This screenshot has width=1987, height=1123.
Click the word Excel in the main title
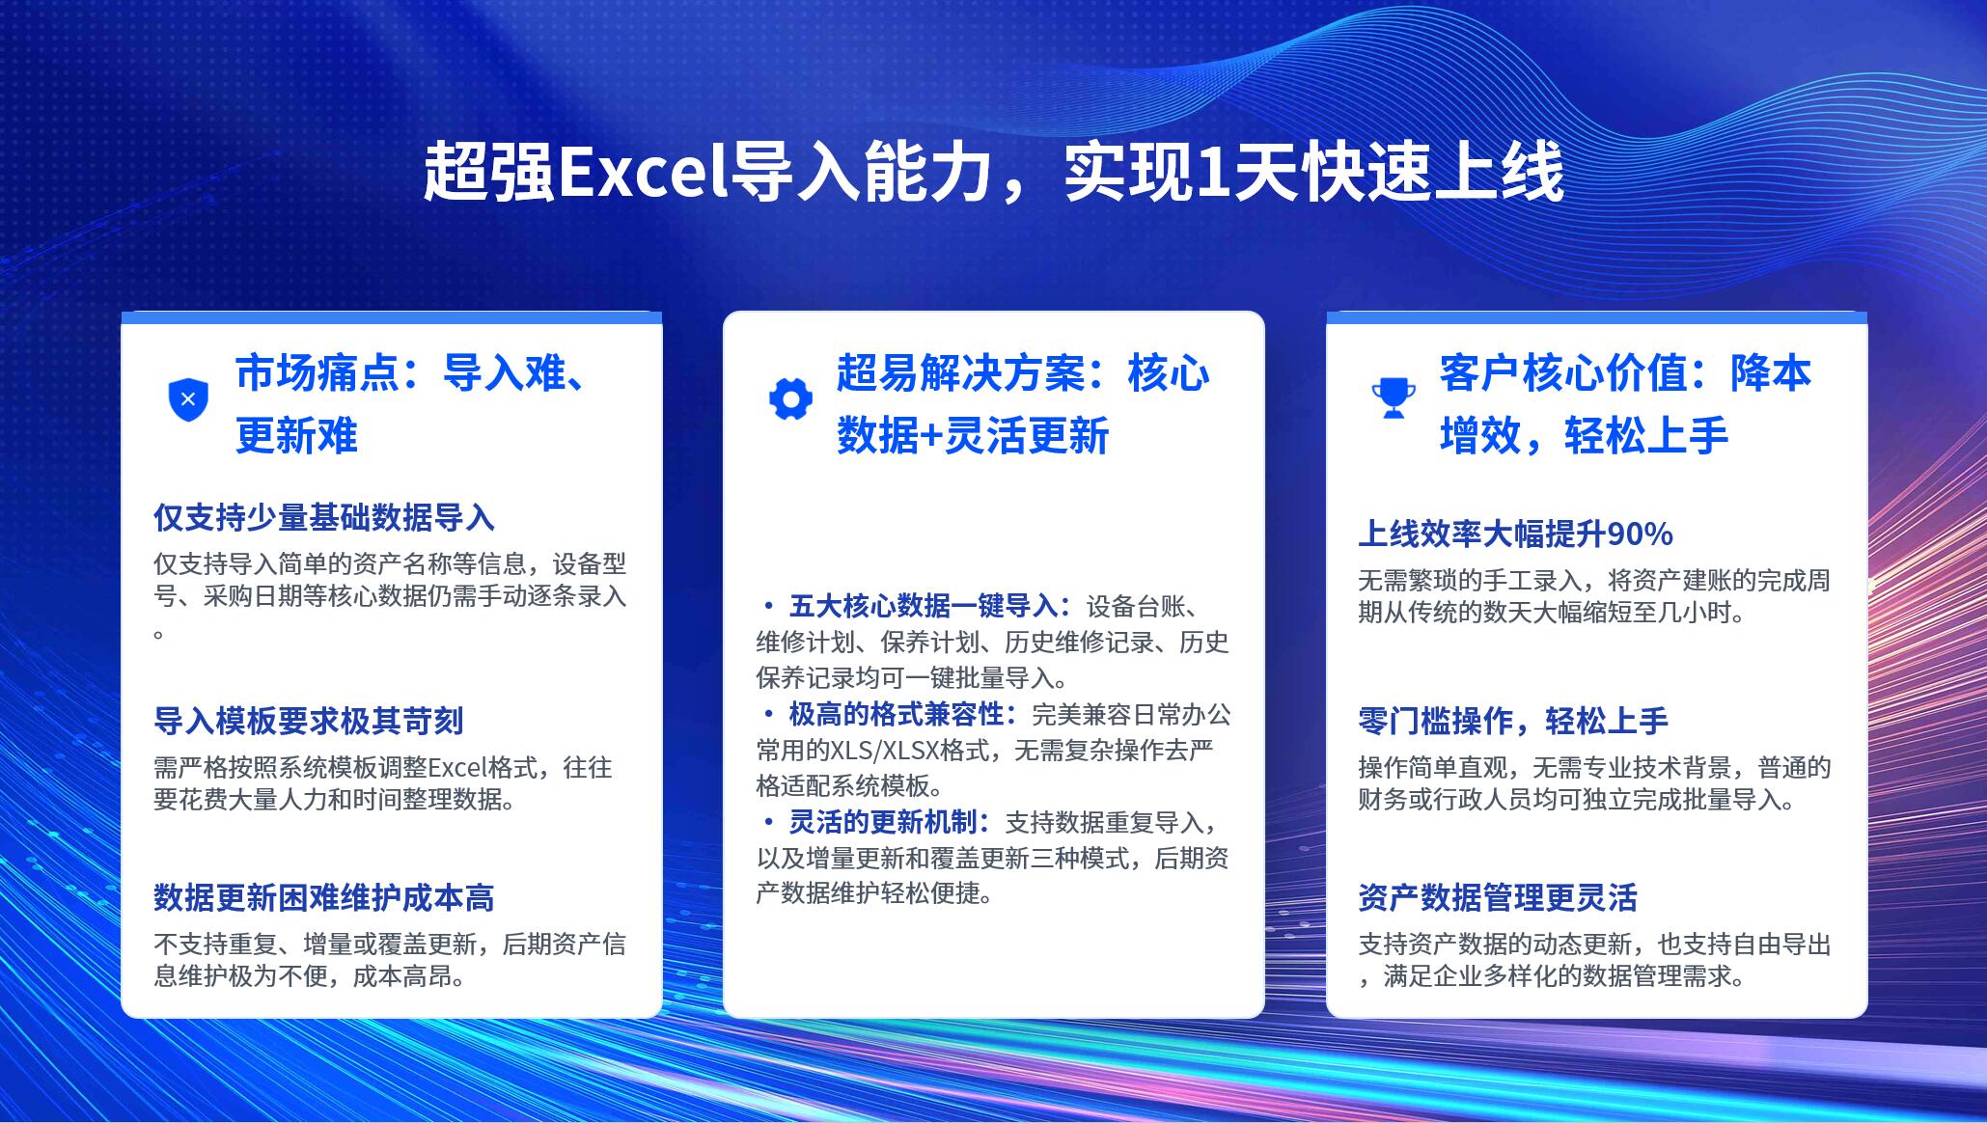click(643, 173)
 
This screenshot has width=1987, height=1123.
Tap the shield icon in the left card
click(188, 399)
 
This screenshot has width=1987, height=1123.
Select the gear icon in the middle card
click(790, 399)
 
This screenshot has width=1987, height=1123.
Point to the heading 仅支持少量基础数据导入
click(324, 518)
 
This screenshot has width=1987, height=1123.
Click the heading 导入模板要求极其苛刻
click(309, 721)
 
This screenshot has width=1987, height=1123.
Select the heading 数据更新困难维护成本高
click(324, 898)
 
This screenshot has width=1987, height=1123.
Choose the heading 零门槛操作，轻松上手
click(1513, 721)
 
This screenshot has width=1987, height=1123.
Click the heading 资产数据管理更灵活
click(1498, 898)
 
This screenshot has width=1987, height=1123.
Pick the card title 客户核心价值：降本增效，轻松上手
click(1626, 404)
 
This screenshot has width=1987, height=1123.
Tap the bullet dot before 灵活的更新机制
click(768, 822)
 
